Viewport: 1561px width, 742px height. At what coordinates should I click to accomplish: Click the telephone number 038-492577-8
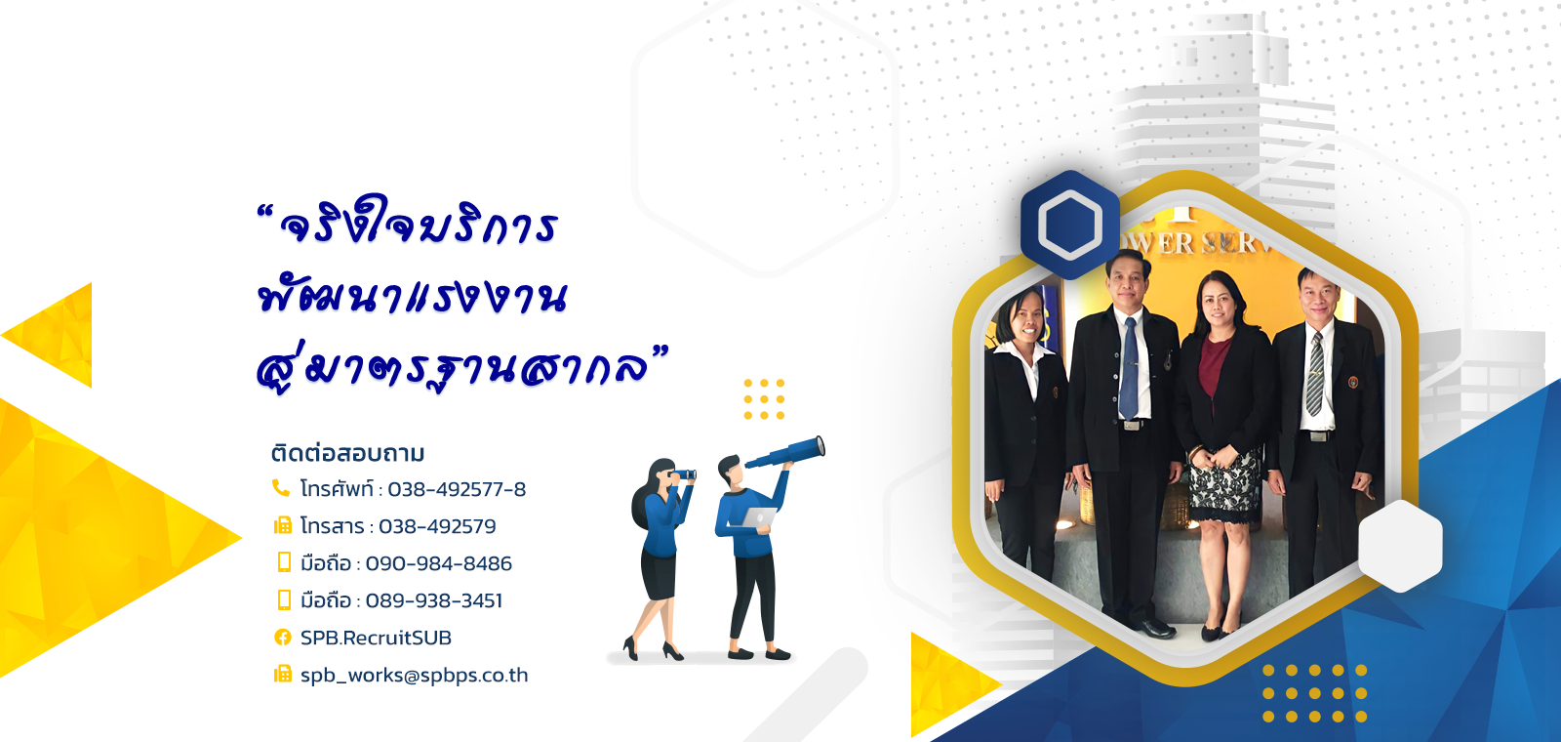tap(457, 489)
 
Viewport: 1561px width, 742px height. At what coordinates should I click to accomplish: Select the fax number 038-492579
tap(437, 526)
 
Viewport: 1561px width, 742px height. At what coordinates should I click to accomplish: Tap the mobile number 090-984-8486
tap(438, 562)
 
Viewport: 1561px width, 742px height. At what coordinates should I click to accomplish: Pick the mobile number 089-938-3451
tap(433, 599)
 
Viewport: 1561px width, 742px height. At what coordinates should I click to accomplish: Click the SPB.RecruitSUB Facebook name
tap(376, 638)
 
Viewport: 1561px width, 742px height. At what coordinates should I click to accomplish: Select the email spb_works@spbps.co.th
tap(414, 675)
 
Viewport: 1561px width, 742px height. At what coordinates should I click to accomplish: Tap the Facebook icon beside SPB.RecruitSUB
tap(282, 637)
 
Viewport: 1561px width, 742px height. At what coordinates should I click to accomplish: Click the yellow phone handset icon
tap(281, 487)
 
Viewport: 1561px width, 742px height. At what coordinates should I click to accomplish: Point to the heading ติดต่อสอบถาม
tap(347, 453)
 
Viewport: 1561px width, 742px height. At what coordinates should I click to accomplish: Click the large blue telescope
tap(785, 453)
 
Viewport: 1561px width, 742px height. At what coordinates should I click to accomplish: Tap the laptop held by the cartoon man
tap(758, 516)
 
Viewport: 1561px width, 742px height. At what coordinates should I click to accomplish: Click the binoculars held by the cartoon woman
tap(682, 474)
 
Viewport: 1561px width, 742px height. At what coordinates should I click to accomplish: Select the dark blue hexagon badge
tap(1069, 225)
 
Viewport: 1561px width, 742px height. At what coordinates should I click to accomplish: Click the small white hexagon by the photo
tap(1400, 546)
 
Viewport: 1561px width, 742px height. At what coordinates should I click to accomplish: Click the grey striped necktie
tap(1314, 375)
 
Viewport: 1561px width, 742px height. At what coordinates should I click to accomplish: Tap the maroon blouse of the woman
tap(1213, 364)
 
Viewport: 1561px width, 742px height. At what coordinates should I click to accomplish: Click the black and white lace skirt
tap(1224, 484)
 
